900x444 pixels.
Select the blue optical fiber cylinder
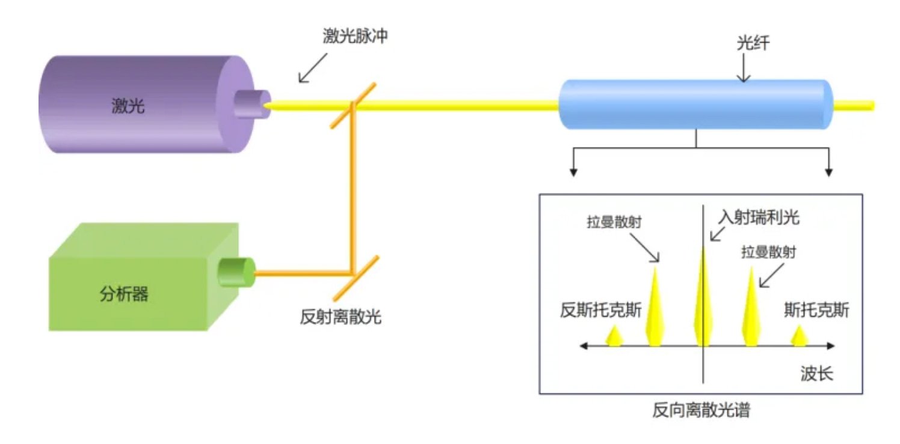695,105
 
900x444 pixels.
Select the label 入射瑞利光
759,217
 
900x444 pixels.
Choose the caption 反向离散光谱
701,411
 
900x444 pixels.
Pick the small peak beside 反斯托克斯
614,336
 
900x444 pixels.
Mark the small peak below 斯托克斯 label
799,336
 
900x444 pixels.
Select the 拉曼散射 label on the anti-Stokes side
614,222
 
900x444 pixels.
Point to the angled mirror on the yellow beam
353,105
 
